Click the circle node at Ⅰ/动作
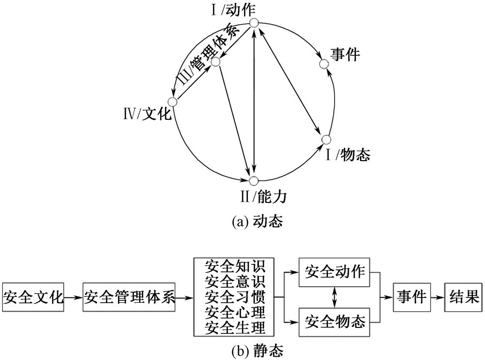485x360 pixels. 254,23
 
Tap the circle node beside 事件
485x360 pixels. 323,64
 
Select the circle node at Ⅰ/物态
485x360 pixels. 326,140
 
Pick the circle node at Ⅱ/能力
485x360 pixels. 253,180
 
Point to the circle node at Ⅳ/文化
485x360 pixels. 172,101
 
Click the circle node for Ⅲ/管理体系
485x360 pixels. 216,62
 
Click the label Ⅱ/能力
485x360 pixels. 263,197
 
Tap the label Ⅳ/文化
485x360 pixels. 147,114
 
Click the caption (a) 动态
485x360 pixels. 258,222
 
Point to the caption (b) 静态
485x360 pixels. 258,351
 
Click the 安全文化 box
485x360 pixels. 33,297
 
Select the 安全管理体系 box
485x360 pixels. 129,297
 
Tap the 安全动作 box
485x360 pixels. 334,272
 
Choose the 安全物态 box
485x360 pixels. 334,322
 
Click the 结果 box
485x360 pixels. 464,297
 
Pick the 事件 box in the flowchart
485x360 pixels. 412,297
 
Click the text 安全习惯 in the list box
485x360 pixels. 235,297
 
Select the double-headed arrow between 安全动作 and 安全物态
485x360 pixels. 334,297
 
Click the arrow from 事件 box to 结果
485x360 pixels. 437,297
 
